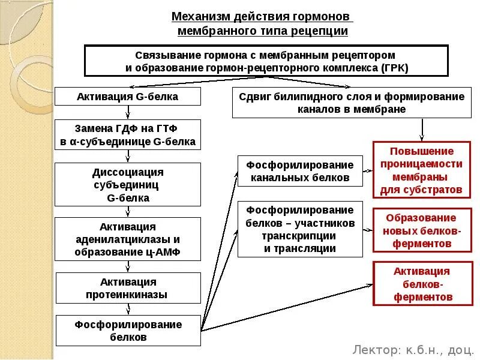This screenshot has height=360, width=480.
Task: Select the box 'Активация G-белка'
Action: [128, 97]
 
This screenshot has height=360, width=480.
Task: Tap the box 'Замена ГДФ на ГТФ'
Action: [128, 135]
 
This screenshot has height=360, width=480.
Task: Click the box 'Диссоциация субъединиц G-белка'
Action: [128, 185]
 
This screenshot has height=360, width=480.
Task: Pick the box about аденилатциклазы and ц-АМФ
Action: [128, 239]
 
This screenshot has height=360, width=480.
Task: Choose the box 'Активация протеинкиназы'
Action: [128, 288]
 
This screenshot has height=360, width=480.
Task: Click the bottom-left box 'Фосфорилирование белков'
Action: [128, 331]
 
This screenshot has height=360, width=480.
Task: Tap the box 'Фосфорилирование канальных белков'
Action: [300, 171]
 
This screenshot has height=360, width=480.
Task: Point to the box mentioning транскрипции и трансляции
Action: [300, 229]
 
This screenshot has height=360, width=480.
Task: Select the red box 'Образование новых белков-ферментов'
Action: [421, 231]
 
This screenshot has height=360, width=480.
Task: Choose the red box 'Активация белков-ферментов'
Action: [421, 284]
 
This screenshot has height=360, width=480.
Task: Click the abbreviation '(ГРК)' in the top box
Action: [394, 67]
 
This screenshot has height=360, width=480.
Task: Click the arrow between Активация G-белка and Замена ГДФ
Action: [127, 112]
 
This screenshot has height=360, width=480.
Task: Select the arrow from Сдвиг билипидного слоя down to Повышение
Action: [422, 128]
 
